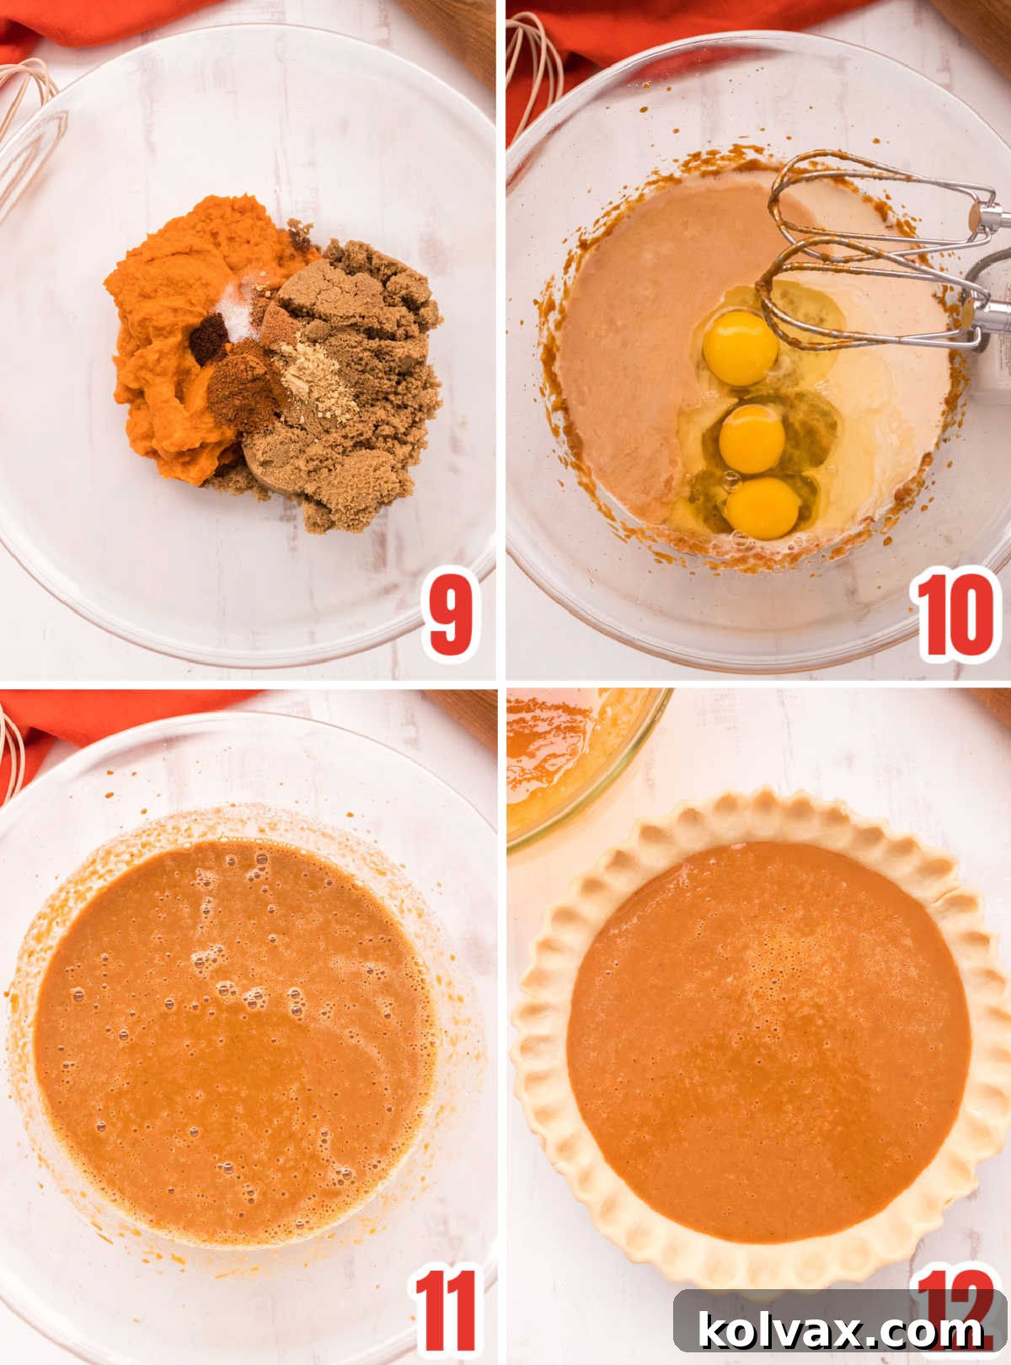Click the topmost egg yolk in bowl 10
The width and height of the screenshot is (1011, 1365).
point(741,347)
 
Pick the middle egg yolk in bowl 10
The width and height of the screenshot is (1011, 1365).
point(752,439)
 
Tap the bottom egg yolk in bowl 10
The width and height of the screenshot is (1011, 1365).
point(762,508)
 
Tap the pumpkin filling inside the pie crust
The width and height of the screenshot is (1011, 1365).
point(767,1036)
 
